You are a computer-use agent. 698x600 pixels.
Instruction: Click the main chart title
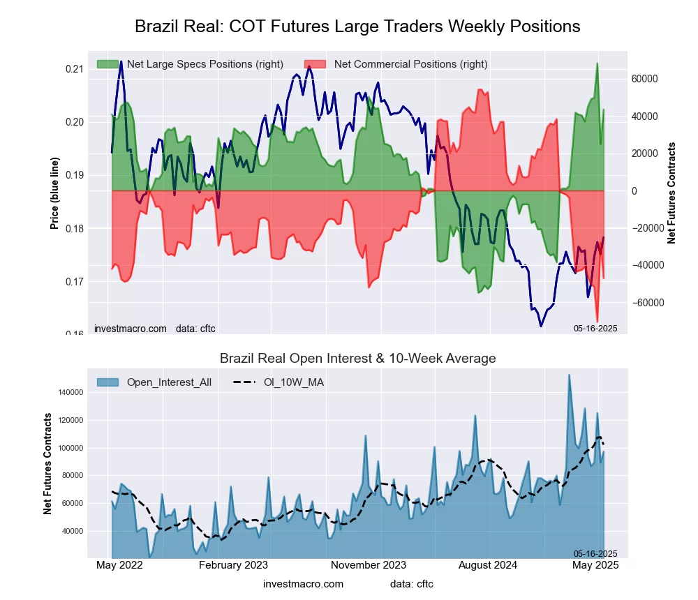click(x=357, y=27)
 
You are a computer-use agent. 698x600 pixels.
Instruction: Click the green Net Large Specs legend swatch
click(x=107, y=64)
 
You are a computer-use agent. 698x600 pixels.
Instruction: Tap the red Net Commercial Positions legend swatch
click(x=315, y=64)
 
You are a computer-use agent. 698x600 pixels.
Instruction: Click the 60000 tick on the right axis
click(x=646, y=79)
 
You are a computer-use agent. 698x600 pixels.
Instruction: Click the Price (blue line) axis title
click(x=54, y=193)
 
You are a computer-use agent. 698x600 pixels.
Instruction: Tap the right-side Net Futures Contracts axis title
click(x=671, y=193)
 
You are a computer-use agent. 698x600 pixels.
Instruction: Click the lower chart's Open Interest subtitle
click(x=357, y=359)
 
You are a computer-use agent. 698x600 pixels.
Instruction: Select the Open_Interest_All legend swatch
click(x=107, y=382)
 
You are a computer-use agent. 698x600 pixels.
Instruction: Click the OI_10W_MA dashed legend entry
click(x=279, y=382)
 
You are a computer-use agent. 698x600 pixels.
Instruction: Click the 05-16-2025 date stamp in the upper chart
click(x=595, y=328)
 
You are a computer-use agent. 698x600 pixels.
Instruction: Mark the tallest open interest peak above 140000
click(x=569, y=375)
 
